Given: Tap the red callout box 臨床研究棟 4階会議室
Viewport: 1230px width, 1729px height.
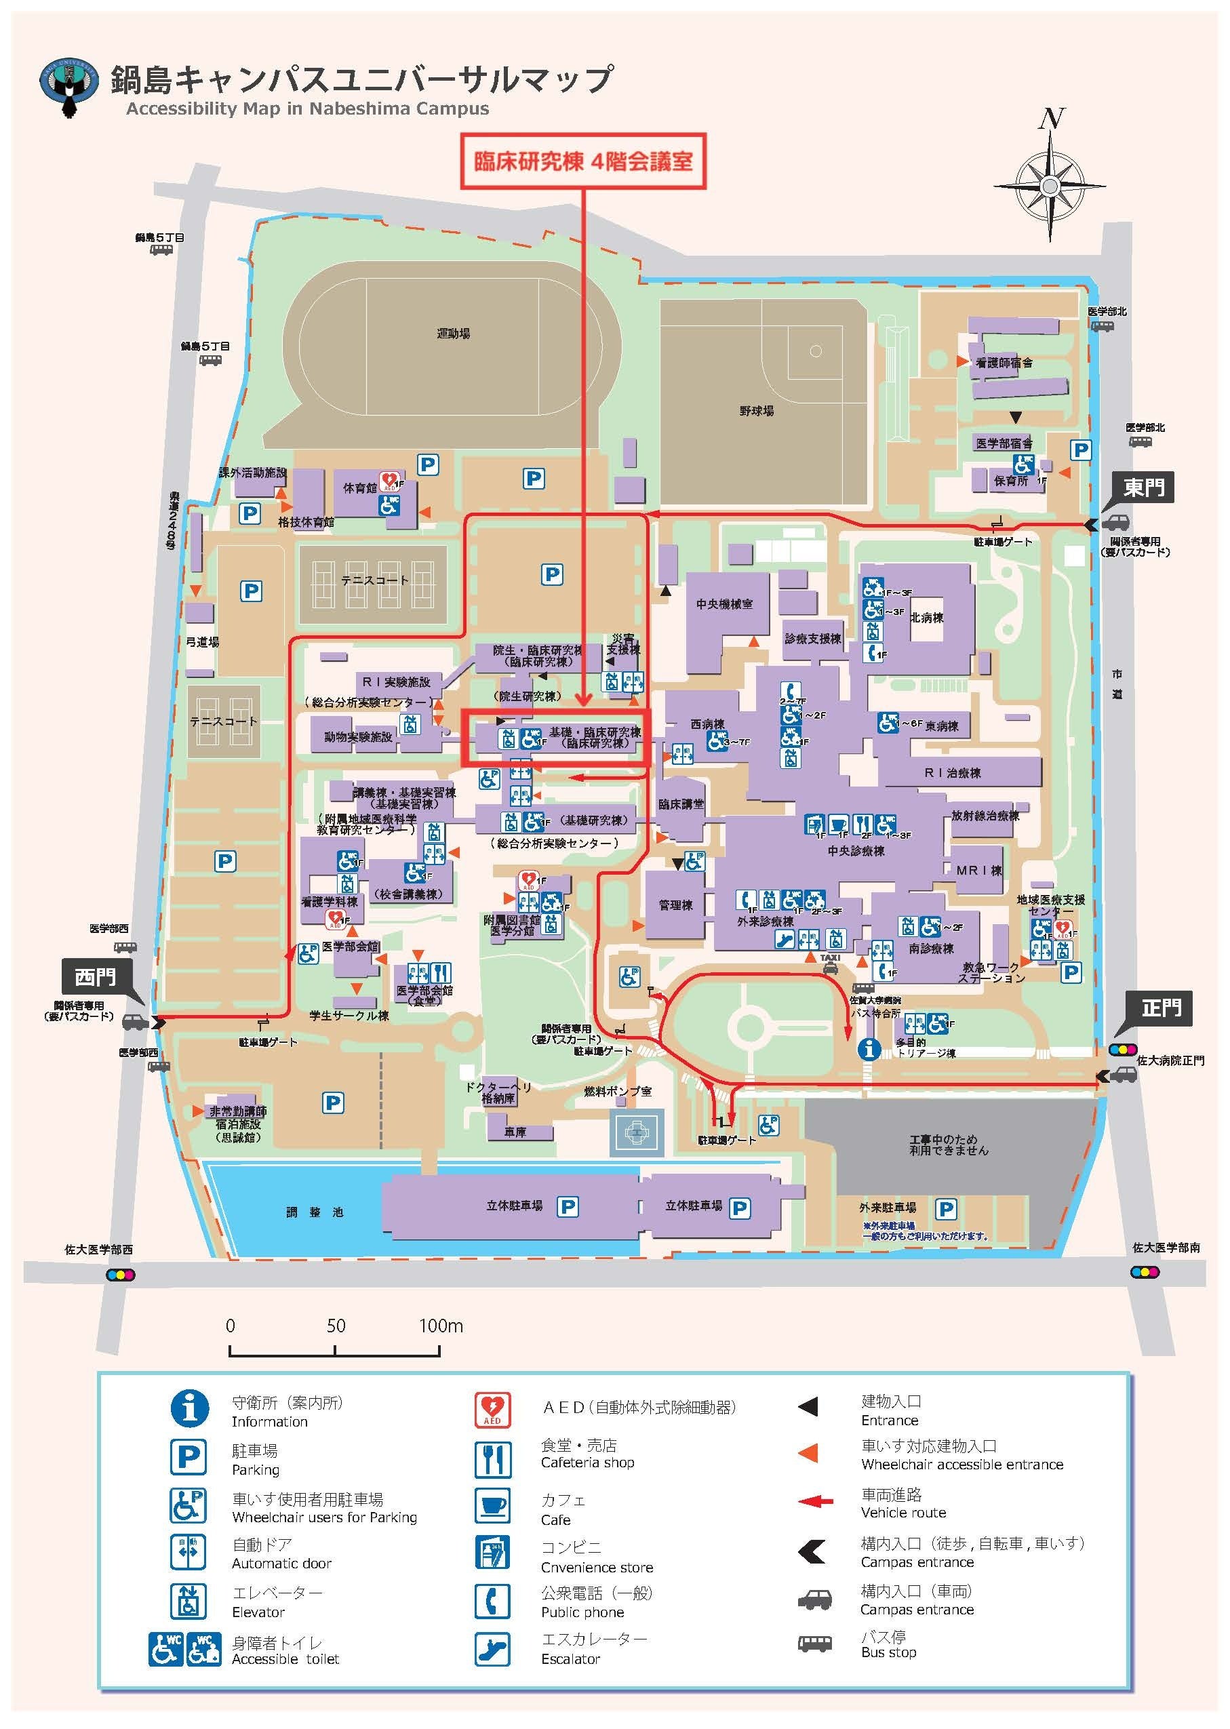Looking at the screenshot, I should [583, 161].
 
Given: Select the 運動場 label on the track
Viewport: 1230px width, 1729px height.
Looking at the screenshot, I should [453, 333].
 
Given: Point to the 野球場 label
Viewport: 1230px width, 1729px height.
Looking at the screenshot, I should [757, 412].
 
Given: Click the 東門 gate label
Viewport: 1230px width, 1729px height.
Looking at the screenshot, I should [1144, 486].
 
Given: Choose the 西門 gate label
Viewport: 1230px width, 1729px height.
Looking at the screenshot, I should [96, 977].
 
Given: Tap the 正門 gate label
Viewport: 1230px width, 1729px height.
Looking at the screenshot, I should [1161, 1008].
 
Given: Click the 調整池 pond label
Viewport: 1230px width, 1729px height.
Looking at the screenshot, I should [315, 1212].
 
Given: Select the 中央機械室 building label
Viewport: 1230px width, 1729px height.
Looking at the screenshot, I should [725, 604].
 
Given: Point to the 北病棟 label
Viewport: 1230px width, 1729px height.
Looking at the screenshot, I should [926, 617].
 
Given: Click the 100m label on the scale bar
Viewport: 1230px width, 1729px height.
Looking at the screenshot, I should [441, 1326].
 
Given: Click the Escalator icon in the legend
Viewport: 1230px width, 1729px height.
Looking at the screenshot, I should [492, 1649].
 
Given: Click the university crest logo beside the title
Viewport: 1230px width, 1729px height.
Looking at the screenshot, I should [69, 87].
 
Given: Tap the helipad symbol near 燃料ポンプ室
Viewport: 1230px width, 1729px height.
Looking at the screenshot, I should [636, 1132].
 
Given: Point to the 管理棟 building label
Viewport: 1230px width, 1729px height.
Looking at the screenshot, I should [675, 905].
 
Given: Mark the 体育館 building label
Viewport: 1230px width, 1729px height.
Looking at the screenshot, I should [360, 488].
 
